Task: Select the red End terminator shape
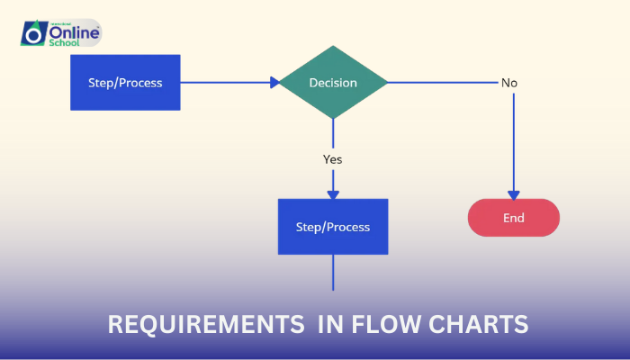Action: click(x=514, y=218)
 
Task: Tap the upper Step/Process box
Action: click(x=125, y=83)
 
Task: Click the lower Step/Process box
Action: click(x=333, y=226)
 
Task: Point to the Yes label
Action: click(x=333, y=159)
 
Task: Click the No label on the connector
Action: click(x=509, y=83)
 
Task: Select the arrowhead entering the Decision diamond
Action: click(x=274, y=83)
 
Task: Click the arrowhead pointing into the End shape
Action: click(x=514, y=193)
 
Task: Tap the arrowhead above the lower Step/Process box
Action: click(x=333, y=193)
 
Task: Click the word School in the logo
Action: click(x=65, y=42)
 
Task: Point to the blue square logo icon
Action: click(x=33, y=34)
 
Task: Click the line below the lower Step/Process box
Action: click(x=333, y=272)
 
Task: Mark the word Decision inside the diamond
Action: click(x=333, y=83)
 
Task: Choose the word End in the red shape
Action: click(x=514, y=218)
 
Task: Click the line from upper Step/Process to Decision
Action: click(x=225, y=83)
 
